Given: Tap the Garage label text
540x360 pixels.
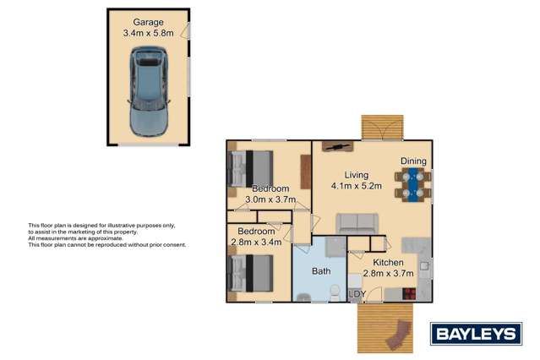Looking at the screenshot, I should coord(148,22).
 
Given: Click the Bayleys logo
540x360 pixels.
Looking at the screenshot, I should coord(475,334).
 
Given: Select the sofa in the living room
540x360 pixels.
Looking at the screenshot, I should coord(357,223).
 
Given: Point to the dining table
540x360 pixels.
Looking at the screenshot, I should coord(413,185).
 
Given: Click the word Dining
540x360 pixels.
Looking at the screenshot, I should coord(413,161).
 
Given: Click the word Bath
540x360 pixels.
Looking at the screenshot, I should coord(321,272).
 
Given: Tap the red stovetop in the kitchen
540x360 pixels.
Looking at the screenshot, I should coord(408,294).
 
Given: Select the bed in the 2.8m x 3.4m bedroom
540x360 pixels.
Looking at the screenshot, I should coord(252,273).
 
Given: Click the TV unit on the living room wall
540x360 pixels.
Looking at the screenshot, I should coord(336,147).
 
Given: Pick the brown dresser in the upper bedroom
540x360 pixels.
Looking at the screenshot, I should coord(305,173).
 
